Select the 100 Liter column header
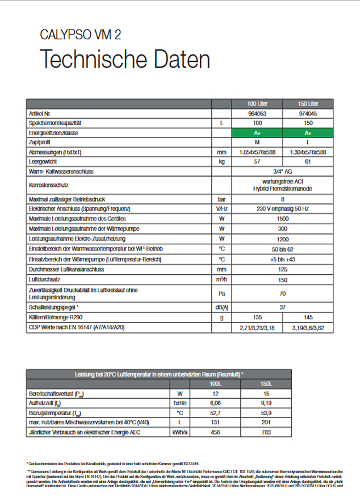(x=258, y=103)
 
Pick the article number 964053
(x=258, y=113)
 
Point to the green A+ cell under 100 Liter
(x=258, y=132)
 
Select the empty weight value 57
(x=258, y=162)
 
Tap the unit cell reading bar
(x=222, y=200)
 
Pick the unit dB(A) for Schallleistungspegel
(x=222, y=307)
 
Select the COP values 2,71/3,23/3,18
(x=258, y=327)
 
